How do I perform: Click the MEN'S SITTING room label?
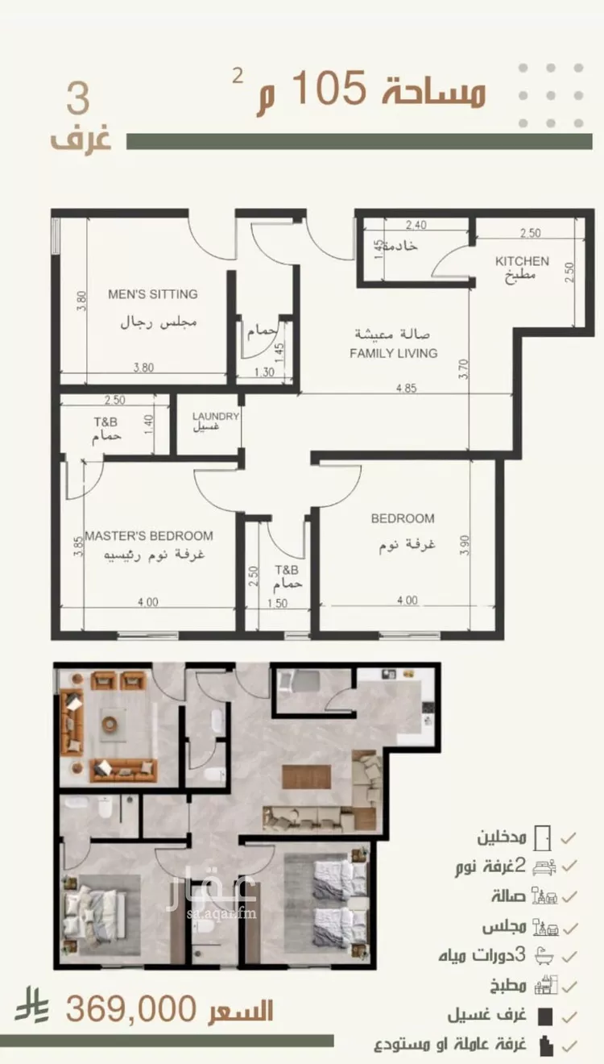pos(153,294)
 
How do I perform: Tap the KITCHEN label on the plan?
pos(522,261)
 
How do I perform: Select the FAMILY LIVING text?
pos(393,353)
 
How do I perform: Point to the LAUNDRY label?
pos(215,416)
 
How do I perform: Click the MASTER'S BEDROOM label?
pos(149,536)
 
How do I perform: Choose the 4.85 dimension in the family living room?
pos(407,388)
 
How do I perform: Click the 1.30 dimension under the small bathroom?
pos(264,372)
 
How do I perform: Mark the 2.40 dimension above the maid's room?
pos(416,225)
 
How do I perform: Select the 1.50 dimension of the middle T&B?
pos(277,603)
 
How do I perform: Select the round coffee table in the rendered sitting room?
pos(110,723)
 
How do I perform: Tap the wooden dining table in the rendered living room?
pos(306,777)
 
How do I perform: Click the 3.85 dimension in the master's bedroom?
pos(79,547)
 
